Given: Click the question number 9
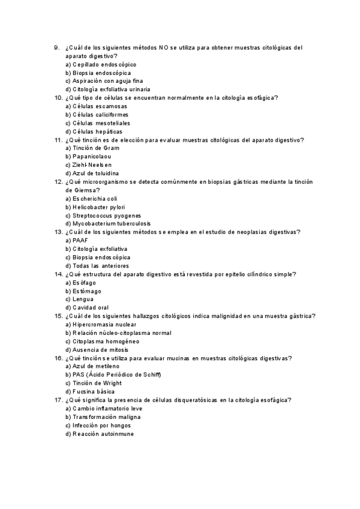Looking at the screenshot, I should (x=56, y=47).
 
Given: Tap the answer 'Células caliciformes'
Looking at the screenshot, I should (x=100, y=115).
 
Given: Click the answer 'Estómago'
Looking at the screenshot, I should (x=83, y=291).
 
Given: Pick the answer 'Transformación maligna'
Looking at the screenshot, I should (x=103, y=417).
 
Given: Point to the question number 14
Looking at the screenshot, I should (x=58, y=274).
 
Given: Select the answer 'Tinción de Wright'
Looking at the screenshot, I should (x=96, y=383).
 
